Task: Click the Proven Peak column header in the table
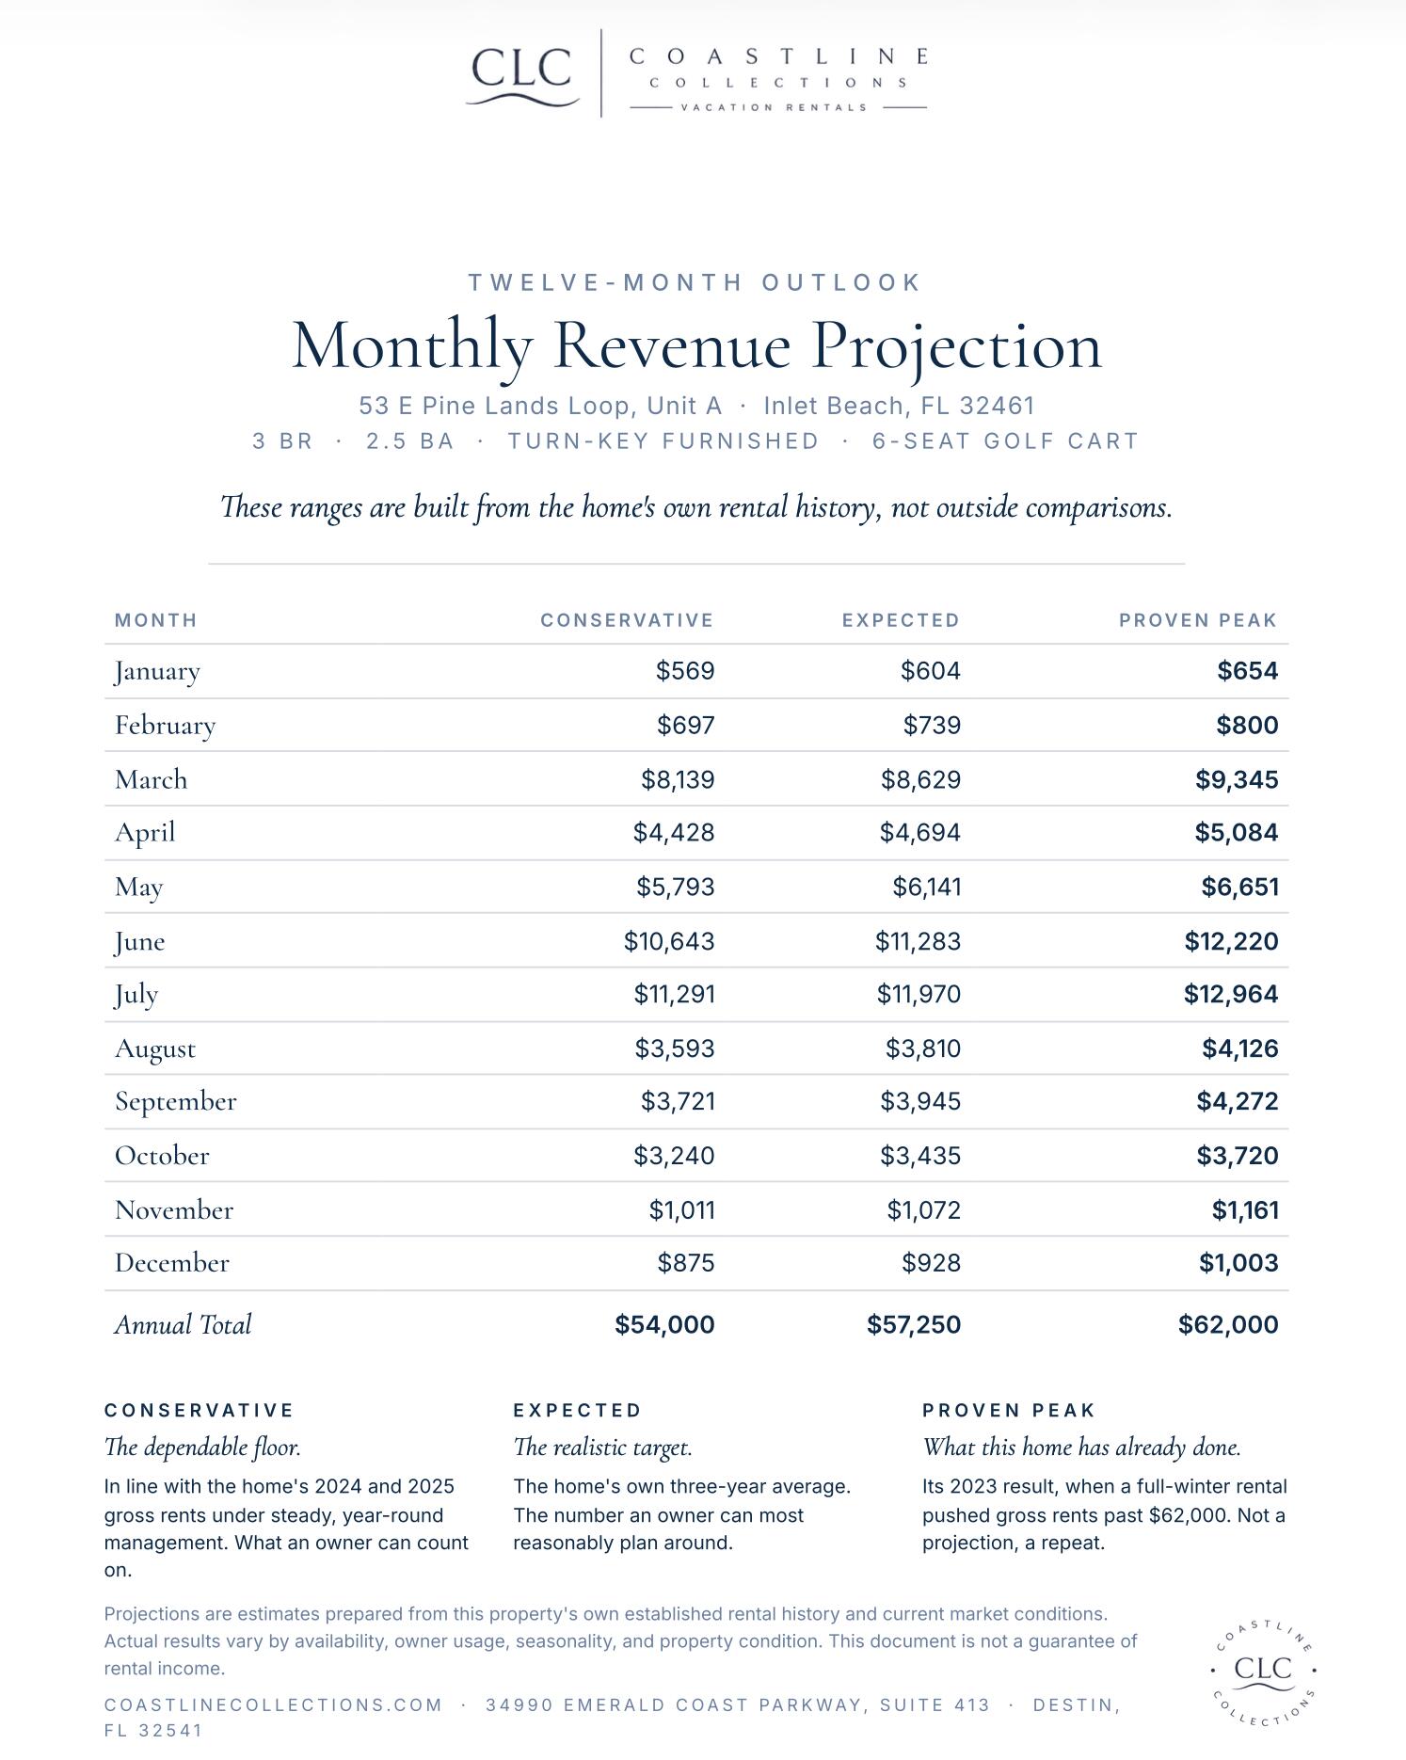[x=1198, y=620]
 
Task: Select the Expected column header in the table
[x=901, y=620]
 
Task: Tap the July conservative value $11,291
[x=674, y=994]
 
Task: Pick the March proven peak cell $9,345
[x=1237, y=779]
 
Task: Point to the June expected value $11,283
[x=918, y=941]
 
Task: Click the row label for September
[x=176, y=1102]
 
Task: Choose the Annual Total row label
[x=183, y=1325]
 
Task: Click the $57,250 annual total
[x=914, y=1325]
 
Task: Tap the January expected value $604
[x=931, y=671]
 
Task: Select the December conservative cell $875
[x=686, y=1263]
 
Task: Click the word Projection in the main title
[x=957, y=347]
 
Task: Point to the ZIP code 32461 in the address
[x=998, y=406]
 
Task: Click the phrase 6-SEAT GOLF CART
[x=1005, y=441]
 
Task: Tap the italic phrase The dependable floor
[x=202, y=1447]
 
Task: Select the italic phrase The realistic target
[x=602, y=1447]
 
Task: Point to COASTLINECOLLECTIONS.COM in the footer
[x=273, y=1705]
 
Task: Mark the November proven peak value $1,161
[x=1245, y=1210]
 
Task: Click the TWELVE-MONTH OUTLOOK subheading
[x=695, y=282]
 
